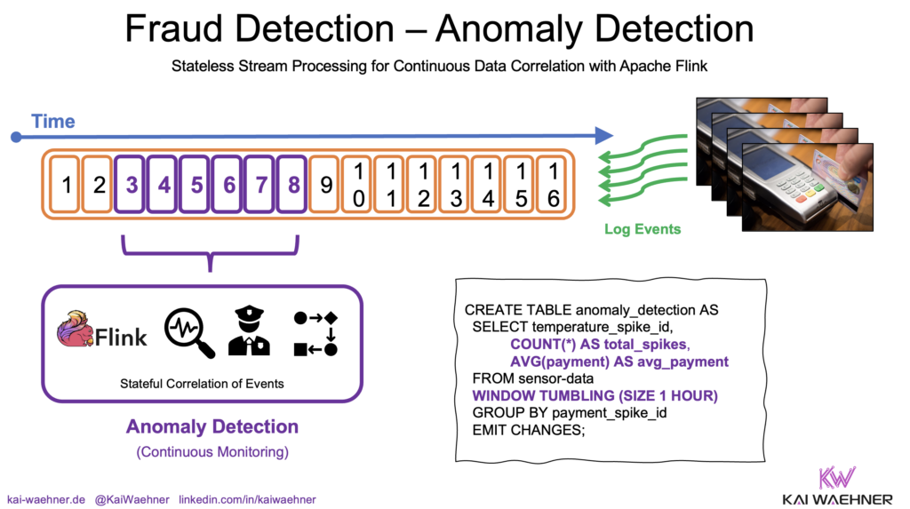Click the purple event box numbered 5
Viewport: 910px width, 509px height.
(196, 186)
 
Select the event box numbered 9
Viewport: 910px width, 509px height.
(326, 186)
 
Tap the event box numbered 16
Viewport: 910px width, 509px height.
(553, 186)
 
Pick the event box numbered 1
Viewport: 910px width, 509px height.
(67, 186)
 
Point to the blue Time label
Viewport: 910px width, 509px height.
(53, 122)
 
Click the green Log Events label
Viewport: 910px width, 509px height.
(643, 229)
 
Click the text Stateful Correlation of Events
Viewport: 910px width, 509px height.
(203, 384)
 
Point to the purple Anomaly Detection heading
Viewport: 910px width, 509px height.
(212, 426)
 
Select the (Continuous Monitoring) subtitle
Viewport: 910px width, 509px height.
(212, 452)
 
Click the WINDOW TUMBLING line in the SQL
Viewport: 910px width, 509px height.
(594, 395)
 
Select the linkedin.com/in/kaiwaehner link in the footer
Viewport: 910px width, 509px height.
(247, 499)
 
